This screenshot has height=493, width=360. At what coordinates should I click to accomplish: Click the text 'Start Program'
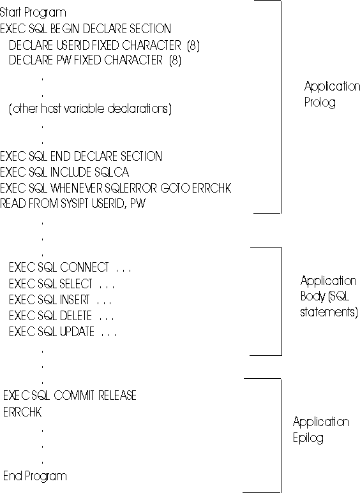coord(33,13)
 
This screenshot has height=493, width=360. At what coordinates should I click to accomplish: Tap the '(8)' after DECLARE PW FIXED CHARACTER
coord(176,60)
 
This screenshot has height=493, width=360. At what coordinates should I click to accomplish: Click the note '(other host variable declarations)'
coord(90,109)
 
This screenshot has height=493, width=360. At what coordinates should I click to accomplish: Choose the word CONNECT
coord(84,267)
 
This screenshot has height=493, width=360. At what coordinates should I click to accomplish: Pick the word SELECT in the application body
coord(76,284)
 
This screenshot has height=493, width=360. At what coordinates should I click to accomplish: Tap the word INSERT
coord(75,300)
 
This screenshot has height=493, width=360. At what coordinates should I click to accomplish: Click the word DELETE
coord(75,316)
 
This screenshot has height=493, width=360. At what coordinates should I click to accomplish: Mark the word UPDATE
coord(77,332)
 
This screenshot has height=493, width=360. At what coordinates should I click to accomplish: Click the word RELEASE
coord(117,395)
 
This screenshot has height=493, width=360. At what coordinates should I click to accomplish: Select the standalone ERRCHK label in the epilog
coord(22,412)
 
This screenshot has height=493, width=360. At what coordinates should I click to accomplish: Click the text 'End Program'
coord(35,476)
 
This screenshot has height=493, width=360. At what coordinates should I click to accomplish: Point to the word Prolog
coord(320,103)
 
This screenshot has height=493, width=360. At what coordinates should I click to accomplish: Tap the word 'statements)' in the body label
coord(329,313)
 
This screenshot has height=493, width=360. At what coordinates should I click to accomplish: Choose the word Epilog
coord(308,438)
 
